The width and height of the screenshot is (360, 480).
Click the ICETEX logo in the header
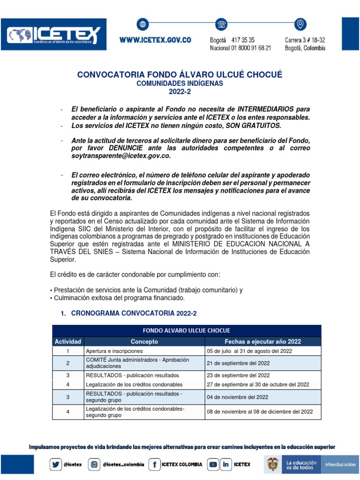coord(53,35)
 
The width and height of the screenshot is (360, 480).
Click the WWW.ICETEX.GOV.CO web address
coord(155,40)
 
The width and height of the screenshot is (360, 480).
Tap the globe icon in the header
coord(142,24)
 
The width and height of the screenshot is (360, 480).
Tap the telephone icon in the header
coord(221,24)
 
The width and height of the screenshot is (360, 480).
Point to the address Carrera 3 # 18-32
coord(305,40)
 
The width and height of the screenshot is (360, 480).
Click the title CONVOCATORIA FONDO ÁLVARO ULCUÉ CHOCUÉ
coord(180,75)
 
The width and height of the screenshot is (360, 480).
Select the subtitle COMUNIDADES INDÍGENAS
coord(180,83)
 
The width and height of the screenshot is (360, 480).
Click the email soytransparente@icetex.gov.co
coord(121,156)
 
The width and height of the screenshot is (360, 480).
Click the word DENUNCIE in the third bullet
coord(118,149)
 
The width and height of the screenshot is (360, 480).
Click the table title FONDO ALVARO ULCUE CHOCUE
coord(186,330)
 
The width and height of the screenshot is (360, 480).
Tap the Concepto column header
coord(144,342)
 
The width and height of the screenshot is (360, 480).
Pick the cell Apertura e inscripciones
coord(114,351)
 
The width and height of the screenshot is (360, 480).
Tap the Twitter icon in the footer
coord(56,464)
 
